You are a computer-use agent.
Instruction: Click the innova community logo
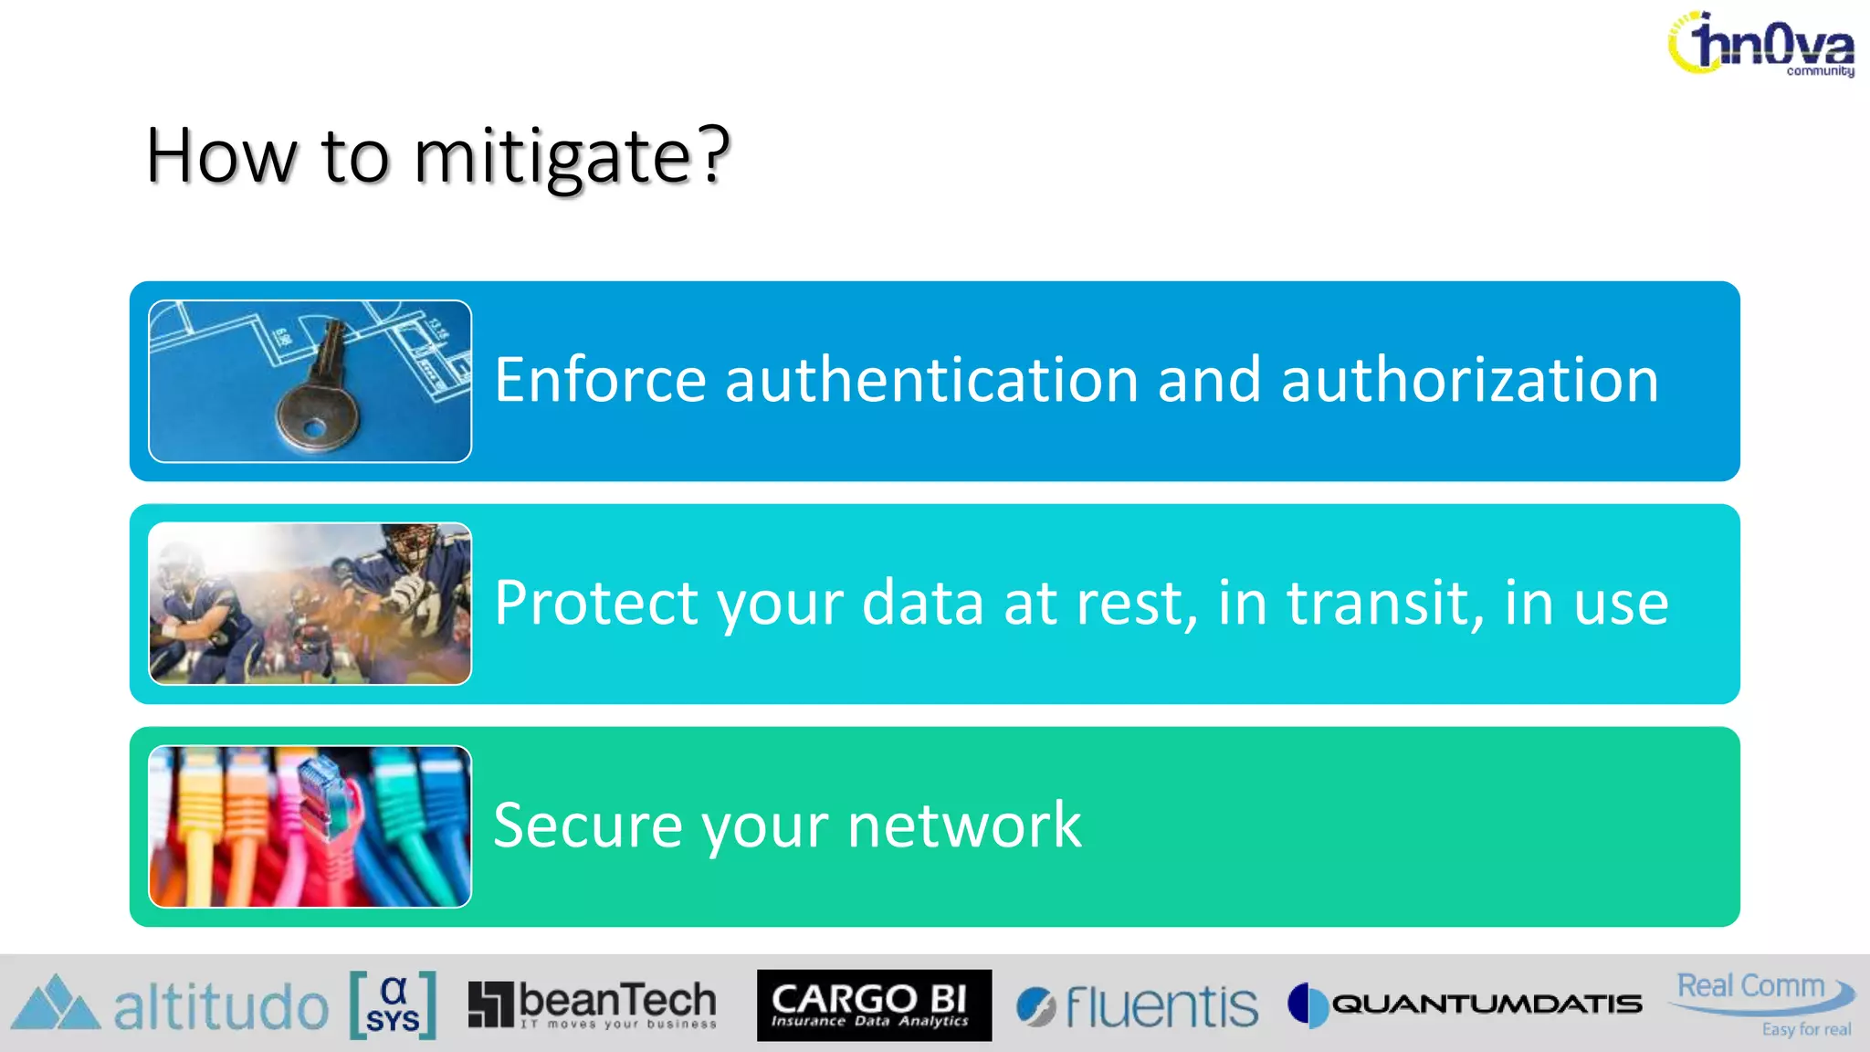1762,44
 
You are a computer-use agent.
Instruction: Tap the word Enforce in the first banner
600,380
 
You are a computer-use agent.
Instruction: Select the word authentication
931,380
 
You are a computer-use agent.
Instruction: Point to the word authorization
1469,380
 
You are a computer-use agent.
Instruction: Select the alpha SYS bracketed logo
393,1005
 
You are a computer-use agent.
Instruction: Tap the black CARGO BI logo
874,1005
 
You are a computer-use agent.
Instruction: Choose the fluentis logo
1137,1006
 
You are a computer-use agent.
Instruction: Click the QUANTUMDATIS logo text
1486,1005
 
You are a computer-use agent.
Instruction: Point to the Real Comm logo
1762,1000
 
